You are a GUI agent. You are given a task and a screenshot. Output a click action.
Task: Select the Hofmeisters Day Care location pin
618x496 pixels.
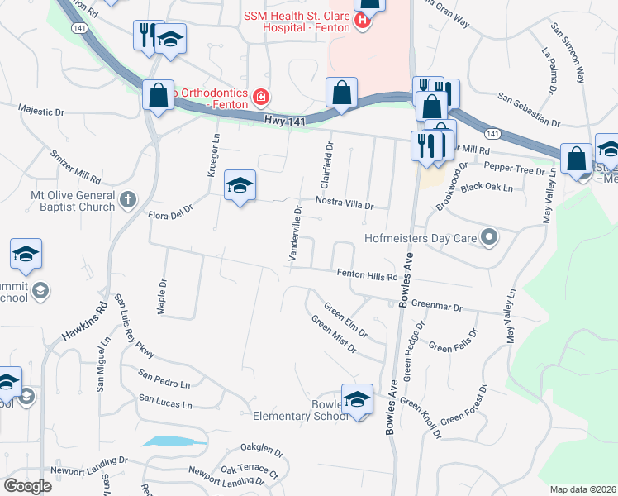click(x=489, y=239)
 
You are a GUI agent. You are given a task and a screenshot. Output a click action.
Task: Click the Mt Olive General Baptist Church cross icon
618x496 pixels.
click(x=127, y=199)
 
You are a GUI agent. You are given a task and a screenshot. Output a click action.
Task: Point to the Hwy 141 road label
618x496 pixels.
click(x=286, y=121)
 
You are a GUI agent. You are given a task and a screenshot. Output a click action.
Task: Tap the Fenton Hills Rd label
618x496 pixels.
click(x=368, y=275)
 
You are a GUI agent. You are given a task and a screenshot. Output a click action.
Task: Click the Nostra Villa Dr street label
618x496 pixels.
click(x=344, y=203)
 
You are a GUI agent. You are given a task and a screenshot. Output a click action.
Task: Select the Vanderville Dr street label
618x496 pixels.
click(x=295, y=235)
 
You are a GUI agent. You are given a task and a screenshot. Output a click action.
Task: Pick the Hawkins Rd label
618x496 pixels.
click(x=86, y=323)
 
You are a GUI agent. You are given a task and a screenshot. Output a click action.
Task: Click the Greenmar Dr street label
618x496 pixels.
click(x=436, y=306)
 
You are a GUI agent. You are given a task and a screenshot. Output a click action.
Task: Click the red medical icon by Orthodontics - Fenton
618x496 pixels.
click(x=261, y=98)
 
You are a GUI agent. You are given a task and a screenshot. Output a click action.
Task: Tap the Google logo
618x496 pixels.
click(x=28, y=485)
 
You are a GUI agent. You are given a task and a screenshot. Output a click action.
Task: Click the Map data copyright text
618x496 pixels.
click(x=582, y=489)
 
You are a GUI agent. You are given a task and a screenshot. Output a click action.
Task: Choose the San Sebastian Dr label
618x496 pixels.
click(x=529, y=111)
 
